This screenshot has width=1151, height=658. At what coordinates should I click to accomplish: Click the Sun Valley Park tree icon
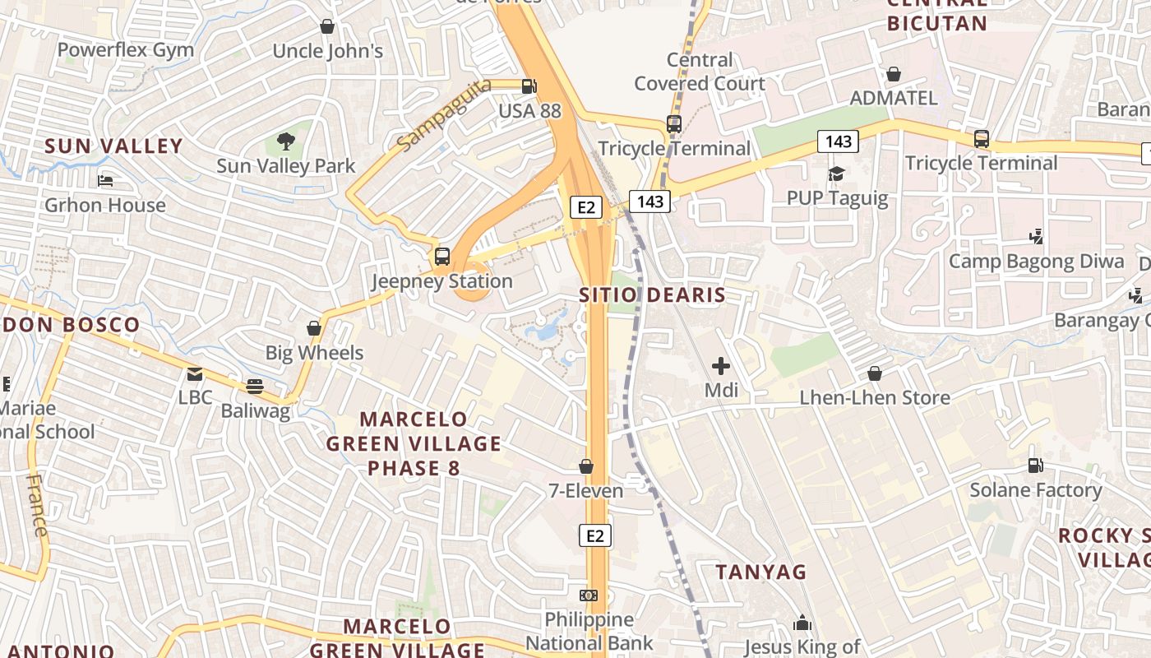point(285,141)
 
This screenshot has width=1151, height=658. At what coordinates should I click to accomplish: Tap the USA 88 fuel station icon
point(529,86)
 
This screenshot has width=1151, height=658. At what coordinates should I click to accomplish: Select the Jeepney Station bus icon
point(442,256)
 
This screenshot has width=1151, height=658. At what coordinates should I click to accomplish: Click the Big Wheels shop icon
point(314,328)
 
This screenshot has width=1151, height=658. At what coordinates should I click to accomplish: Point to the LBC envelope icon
point(195,373)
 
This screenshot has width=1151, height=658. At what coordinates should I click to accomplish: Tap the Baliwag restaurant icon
point(255,386)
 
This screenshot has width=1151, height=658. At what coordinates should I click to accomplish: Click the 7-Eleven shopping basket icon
point(586,466)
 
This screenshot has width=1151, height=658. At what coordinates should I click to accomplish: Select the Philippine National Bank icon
point(589,595)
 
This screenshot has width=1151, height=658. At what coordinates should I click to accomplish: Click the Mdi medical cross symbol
point(721,365)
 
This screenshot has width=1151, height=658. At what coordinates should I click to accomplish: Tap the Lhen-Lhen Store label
point(875,397)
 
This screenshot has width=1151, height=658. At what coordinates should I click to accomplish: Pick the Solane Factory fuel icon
point(1035,466)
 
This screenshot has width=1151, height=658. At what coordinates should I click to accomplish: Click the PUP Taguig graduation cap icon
point(837,174)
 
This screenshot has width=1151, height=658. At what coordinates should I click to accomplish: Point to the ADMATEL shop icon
point(894,74)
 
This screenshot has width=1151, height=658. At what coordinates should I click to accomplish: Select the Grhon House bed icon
point(105,181)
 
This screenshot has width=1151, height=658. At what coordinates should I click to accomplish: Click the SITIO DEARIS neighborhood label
point(652,295)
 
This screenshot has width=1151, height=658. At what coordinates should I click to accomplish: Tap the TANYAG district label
point(760,572)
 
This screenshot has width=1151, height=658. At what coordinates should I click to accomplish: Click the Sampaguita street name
point(443,114)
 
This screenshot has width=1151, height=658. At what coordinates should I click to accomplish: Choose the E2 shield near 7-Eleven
point(595,536)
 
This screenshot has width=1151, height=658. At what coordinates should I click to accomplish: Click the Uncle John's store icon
point(327,26)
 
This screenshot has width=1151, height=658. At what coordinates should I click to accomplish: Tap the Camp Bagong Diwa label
point(1036,262)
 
